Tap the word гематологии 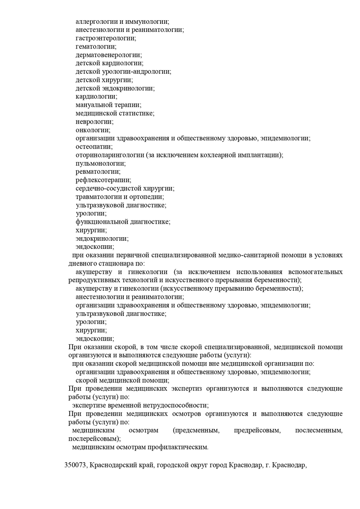coord(96,46)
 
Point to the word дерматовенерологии coord(108,55)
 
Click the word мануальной coord(96,105)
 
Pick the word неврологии coord(94,122)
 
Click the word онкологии coord(93,130)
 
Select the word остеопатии coord(94,147)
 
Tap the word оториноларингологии coord(110,155)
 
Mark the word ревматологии coord(98,171)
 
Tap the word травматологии coord(99,197)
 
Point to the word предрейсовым coord(257,430)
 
